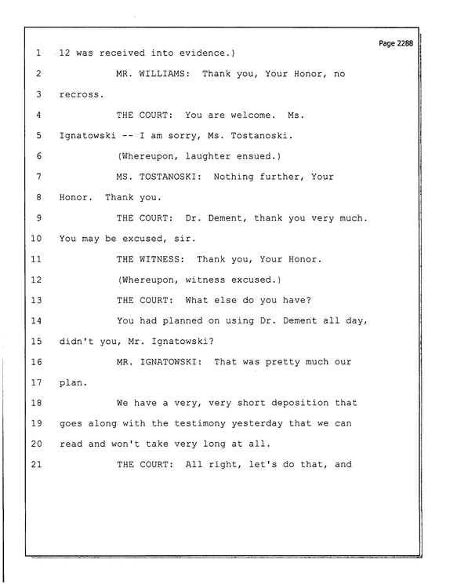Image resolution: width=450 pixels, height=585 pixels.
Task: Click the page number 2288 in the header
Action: [405, 43]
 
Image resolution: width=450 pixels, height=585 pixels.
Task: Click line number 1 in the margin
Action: [38, 53]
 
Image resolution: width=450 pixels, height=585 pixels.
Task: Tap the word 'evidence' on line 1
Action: [202, 53]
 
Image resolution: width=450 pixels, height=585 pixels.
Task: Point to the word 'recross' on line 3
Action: [79, 95]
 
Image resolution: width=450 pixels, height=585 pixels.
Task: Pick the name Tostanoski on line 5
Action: [259, 136]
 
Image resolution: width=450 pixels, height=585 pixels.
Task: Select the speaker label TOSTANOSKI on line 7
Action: [168, 177]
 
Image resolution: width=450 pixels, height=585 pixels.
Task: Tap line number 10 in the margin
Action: [36, 239]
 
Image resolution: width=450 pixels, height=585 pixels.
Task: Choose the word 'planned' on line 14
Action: [182, 321]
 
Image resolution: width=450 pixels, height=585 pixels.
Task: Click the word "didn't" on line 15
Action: [76, 342]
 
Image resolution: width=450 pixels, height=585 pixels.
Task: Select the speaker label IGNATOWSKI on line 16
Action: [168, 362]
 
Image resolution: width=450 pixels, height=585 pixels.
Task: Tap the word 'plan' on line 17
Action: [71, 382]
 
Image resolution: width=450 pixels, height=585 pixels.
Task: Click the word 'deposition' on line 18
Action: [300, 403]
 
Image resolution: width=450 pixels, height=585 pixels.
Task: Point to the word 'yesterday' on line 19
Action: [257, 424]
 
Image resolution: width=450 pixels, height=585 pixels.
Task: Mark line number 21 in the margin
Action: [36, 465]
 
